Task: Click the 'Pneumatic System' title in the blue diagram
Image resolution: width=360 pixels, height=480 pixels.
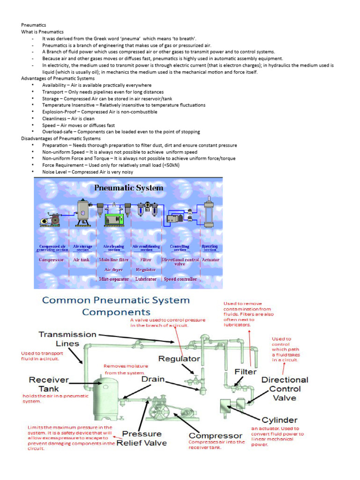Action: tap(129, 188)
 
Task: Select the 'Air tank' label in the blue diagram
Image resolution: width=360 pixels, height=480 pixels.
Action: tap(81, 259)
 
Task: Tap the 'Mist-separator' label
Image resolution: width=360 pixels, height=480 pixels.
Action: tap(113, 279)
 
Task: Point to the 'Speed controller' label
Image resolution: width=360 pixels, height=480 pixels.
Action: tap(180, 279)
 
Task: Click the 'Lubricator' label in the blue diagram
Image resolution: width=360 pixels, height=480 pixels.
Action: tap(146, 279)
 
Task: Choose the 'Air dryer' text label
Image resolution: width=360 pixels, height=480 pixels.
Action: tap(113, 270)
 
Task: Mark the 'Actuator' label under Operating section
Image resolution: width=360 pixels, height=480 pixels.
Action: tap(210, 259)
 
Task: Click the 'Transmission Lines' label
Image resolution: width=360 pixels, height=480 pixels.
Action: tap(67, 339)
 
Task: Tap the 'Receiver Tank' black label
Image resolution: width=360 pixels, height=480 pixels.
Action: tap(49, 384)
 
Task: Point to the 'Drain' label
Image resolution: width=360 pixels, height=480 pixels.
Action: tap(152, 378)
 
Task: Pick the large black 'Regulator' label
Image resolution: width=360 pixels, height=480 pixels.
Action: tap(179, 359)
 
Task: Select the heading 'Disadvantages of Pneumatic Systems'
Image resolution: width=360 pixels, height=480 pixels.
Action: tap(61, 139)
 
